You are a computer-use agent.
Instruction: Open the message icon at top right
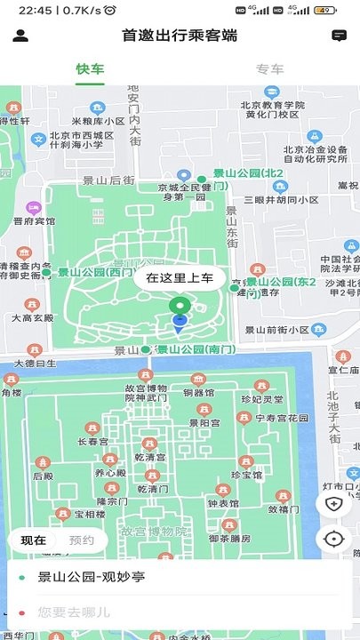pos(339,36)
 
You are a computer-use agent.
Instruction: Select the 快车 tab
pos(90,69)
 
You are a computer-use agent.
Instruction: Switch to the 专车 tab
pos(269,69)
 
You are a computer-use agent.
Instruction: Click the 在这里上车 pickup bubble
pos(180,277)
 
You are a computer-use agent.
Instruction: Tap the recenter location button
pos(334,538)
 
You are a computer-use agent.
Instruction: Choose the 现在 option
pos(34,540)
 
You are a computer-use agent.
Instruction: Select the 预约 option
pos(82,540)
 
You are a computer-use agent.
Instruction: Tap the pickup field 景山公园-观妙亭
pos(91,577)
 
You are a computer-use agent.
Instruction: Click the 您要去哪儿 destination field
pos(75,612)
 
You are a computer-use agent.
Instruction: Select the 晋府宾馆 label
pos(35,220)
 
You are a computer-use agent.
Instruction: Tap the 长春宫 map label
pos(92,441)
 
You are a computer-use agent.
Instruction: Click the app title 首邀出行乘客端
pos(180,36)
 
